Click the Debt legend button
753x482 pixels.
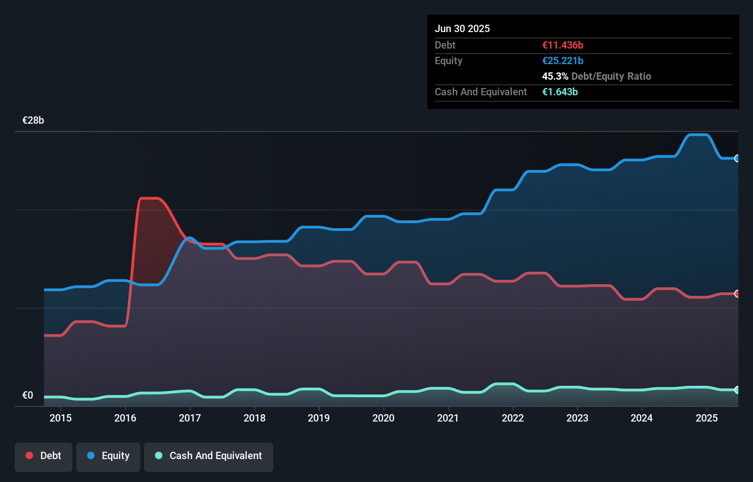(x=44, y=456)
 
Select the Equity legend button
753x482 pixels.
(x=108, y=456)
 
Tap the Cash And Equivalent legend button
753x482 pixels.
(x=209, y=456)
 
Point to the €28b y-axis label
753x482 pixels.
(x=33, y=120)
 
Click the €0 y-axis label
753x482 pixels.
(x=28, y=395)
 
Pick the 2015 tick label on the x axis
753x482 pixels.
(x=61, y=418)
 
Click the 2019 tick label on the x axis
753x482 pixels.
(x=319, y=418)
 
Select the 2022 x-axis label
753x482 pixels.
(x=513, y=418)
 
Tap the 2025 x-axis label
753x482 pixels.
(x=707, y=418)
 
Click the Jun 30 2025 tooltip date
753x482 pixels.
(x=462, y=29)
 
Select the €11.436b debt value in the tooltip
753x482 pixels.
(x=563, y=45)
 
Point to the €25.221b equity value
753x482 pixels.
(x=563, y=61)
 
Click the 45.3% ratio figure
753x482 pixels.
(x=555, y=77)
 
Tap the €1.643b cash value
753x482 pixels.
(x=560, y=92)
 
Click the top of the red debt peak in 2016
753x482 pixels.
(x=149, y=198)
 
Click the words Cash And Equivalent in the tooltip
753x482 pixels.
(x=481, y=92)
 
